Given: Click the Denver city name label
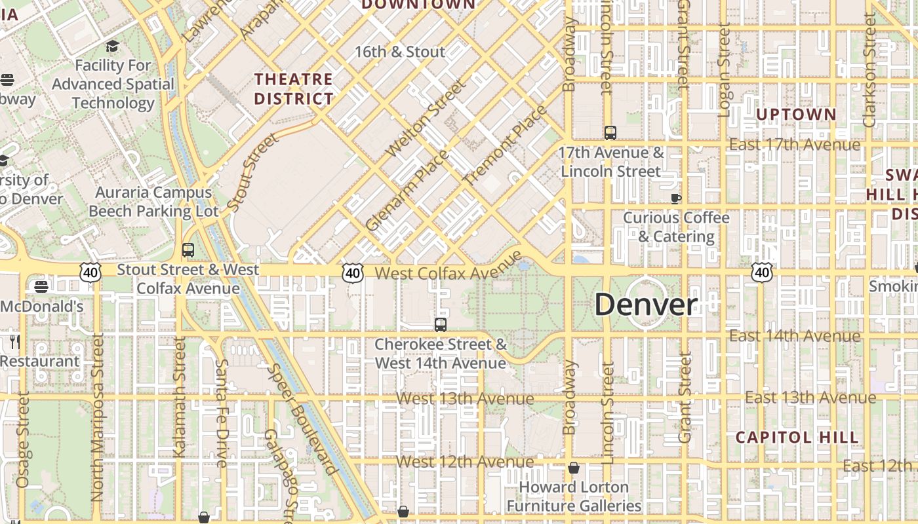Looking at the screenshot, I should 646,305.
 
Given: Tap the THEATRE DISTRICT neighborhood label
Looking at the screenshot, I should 294,89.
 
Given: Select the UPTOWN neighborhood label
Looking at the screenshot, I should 796,115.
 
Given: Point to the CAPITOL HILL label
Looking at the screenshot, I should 797,437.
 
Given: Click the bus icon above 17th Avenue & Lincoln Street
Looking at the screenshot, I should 610,133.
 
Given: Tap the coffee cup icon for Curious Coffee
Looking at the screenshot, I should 676,198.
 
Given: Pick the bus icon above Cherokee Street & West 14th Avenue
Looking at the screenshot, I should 441,324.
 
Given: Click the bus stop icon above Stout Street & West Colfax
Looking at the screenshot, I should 188,250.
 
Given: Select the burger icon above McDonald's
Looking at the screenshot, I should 41,286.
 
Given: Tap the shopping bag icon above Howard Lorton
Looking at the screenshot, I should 574,468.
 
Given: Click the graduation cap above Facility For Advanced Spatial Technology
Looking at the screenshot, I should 113,47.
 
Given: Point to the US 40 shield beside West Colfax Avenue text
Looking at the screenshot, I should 353,272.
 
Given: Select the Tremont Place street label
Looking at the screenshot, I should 504,144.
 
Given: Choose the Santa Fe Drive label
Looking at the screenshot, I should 221,413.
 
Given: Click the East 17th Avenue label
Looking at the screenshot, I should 794,145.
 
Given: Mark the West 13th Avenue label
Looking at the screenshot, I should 465,398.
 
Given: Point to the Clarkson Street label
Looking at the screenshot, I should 870,70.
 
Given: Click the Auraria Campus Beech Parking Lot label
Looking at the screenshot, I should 153,202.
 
